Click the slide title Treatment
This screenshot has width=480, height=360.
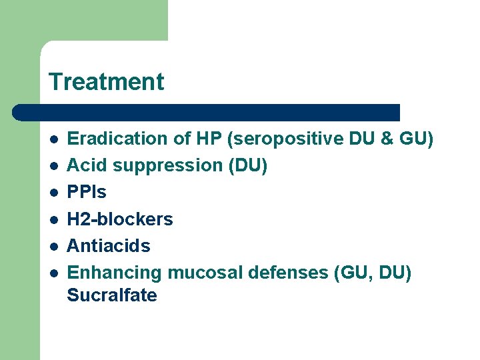point(106,82)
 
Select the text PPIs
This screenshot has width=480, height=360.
point(87,192)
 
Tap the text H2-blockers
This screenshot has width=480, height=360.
point(120,219)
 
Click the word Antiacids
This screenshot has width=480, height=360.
point(109,245)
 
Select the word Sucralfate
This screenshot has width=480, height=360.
point(112,295)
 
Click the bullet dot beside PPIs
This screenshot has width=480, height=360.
point(53,193)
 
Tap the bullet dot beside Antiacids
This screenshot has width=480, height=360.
point(53,246)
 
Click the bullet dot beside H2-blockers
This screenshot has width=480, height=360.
point(53,219)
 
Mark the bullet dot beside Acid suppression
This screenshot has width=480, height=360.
point(53,166)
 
